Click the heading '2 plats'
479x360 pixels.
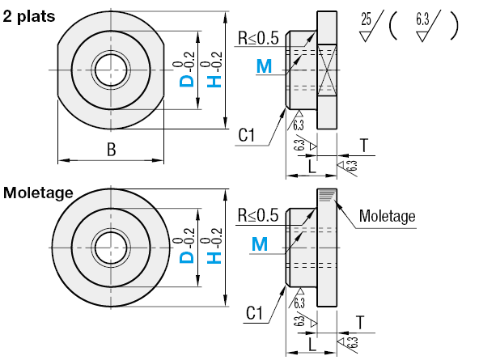pyautogui.click(x=29, y=16)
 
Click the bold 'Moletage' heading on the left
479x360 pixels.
pyautogui.click(x=38, y=193)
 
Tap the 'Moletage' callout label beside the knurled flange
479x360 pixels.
pyautogui.click(x=387, y=216)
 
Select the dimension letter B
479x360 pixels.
pyautogui.click(x=111, y=150)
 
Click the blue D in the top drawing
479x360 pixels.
pyautogui.click(x=187, y=81)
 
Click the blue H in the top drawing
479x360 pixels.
pyautogui.click(x=214, y=81)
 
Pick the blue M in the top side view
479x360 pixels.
pyautogui.click(x=264, y=66)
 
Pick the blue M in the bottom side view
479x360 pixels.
pyautogui.click(x=260, y=244)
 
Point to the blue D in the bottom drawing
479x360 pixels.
pyautogui.click(x=187, y=256)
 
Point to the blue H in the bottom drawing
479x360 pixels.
pyautogui.click(x=214, y=257)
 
